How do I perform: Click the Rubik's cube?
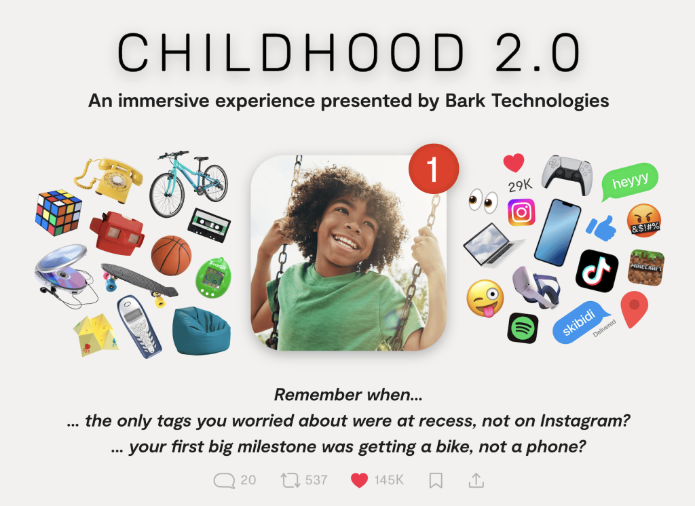click(58, 212)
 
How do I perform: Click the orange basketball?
click(171, 256)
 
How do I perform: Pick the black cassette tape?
click(209, 225)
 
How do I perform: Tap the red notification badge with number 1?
click(433, 168)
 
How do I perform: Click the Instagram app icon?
click(521, 212)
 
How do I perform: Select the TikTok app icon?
click(597, 271)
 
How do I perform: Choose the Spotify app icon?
click(523, 328)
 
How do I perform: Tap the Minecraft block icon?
click(646, 267)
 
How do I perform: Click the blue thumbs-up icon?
click(601, 228)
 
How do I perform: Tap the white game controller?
click(567, 174)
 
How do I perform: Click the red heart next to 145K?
click(359, 480)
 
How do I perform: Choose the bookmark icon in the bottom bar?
click(436, 480)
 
